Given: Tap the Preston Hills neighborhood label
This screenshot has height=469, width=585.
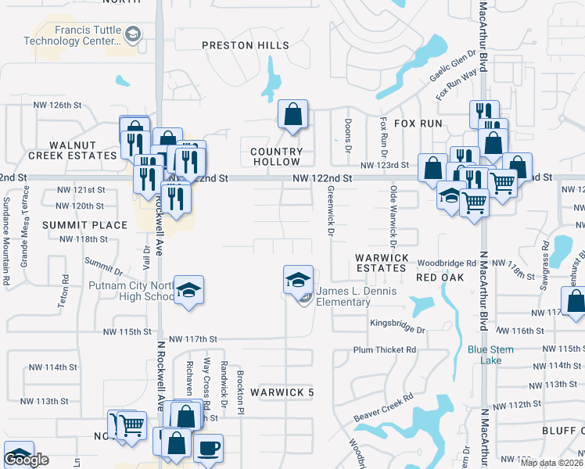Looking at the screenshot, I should [246, 45].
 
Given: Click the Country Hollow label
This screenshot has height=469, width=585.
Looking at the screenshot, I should [276, 156].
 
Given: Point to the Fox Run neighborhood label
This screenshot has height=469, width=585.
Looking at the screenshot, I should [418, 124].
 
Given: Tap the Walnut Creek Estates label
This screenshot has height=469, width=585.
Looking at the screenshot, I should [73, 150].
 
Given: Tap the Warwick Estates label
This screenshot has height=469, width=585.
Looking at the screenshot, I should [380, 262].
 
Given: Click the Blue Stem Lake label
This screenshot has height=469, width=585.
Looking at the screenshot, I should [491, 355].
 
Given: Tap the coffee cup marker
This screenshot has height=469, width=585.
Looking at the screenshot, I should [208, 449].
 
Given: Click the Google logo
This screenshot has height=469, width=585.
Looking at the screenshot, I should [27, 460].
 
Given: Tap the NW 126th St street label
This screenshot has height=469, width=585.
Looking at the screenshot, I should [57, 105].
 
